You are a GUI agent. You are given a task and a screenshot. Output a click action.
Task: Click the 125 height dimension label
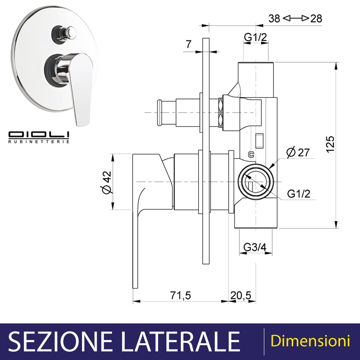pyautogui.click(x=330, y=144)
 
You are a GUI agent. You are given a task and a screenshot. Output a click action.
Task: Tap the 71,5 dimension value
pyautogui.click(x=180, y=296)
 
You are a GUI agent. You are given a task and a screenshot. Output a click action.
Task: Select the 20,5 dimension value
pyautogui.click(x=241, y=296)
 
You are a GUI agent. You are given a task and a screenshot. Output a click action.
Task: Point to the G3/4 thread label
pyautogui.click(x=255, y=247)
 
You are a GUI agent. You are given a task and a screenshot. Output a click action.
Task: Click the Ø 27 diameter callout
pyautogui.click(x=298, y=152)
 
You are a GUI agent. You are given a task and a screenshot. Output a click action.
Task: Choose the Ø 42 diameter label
pyautogui.click(x=107, y=183)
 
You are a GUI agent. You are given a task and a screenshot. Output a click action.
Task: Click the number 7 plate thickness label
pyautogui.click(x=189, y=44)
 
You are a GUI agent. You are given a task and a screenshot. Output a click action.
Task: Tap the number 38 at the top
pyautogui.click(x=274, y=19)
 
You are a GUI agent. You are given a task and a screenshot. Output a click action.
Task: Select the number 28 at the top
pyautogui.click(x=316, y=19)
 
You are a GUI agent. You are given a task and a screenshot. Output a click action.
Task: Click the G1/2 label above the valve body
pyautogui.click(x=256, y=37)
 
